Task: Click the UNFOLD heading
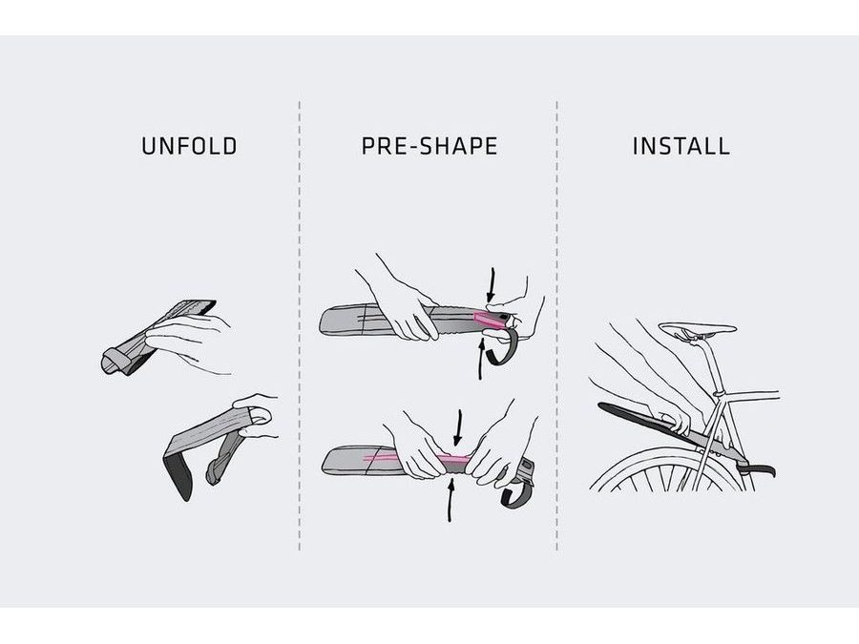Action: pyautogui.click(x=189, y=146)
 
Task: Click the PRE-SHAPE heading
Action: pyautogui.click(x=429, y=146)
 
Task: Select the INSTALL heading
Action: pyautogui.click(x=681, y=146)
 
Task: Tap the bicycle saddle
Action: pyautogui.click(x=697, y=330)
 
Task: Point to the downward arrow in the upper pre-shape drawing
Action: pyautogui.click(x=492, y=284)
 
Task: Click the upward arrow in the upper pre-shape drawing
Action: pyautogui.click(x=481, y=360)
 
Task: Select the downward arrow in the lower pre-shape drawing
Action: pyautogui.click(x=457, y=427)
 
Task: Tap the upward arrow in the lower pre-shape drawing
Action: pyautogui.click(x=450, y=499)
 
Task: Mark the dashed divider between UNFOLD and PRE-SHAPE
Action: pyautogui.click(x=300, y=326)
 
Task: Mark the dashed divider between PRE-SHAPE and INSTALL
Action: pyautogui.click(x=557, y=326)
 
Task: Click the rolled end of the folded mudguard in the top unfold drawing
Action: pyautogui.click(x=112, y=362)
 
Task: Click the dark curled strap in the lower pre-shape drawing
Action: pyautogui.click(x=517, y=491)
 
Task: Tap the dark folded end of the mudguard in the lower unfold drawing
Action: pyautogui.click(x=179, y=475)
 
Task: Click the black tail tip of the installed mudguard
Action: pyautogui.click(x=759, y=469)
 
